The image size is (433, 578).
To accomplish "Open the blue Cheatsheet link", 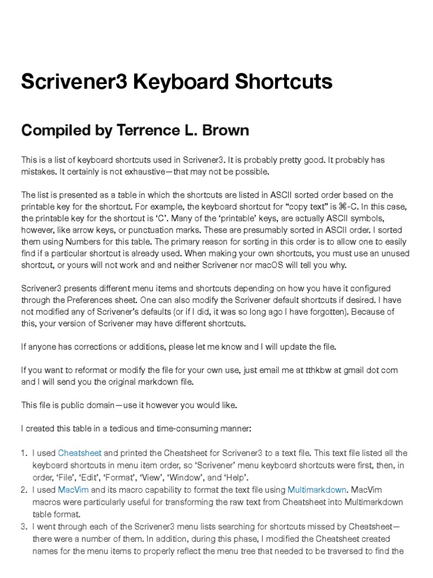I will [79, 453].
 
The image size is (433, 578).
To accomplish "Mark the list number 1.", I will [24, 453].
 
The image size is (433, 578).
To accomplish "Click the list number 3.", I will [24, 527].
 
